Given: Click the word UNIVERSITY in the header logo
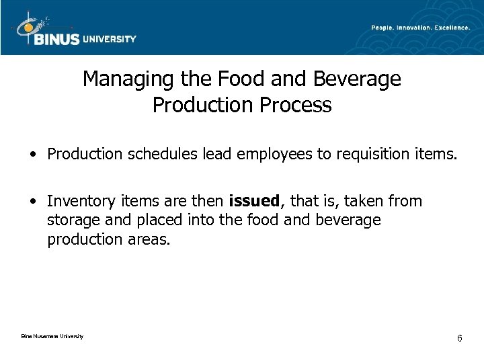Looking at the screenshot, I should click(x=109, y=39).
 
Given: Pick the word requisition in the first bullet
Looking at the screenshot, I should click(x=367, y=155).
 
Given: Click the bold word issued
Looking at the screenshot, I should click(x=253, y=200).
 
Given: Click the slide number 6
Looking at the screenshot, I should click(x=459, y=337).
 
